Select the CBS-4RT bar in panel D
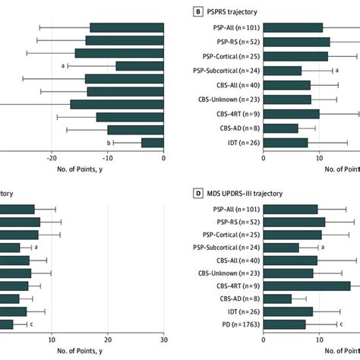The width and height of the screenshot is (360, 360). (x=307, y=286)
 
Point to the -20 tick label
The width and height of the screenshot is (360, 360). (x=51, y=157)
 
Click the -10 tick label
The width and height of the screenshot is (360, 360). (x=107, y=157)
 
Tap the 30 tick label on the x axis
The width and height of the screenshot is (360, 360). (x=163, y=339)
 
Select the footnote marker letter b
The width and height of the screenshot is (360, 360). (x=109, y=142)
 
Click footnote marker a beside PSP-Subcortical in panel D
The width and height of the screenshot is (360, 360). (x=323, y=247)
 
